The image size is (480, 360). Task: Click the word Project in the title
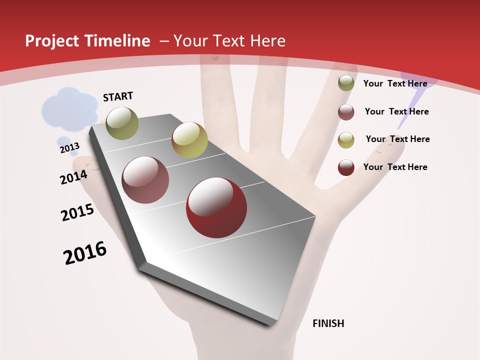point(52,41)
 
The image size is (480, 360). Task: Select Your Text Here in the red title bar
point(229,41)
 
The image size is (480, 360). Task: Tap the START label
point(118,96)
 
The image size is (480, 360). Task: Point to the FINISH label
point(328,323)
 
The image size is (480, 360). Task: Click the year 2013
point(69,147)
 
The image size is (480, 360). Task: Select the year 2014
point(74,177)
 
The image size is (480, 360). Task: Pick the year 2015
point(77,212)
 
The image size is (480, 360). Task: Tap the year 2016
point(85,253)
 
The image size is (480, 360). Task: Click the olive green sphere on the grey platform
point(122,123)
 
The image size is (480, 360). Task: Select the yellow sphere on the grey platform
point(189,140)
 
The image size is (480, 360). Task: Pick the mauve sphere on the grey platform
point(145,180)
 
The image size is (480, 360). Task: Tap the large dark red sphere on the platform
point(216,207)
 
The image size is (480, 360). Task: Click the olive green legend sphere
point(346,83)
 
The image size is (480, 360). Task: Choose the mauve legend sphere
point(346,112)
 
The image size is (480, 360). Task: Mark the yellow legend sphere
point(346,140)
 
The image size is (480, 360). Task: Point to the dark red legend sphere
point(346,167)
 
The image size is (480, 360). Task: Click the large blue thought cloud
point(69,107)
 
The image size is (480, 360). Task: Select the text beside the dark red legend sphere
point(395,167)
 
